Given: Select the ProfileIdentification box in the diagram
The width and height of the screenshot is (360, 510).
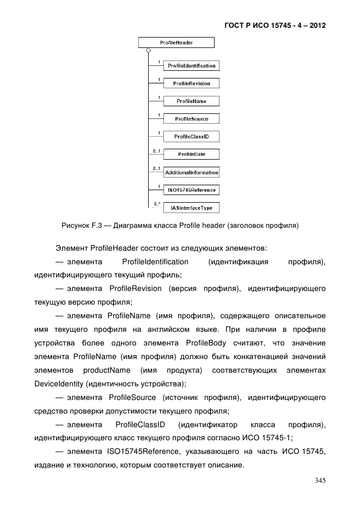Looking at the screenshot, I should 191,66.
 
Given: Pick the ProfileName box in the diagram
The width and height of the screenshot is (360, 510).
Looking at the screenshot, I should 191,101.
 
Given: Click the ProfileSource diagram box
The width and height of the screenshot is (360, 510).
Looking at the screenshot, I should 191,119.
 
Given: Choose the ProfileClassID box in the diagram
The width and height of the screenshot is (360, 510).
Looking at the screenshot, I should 191,136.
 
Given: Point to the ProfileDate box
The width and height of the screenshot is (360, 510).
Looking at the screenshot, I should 191,154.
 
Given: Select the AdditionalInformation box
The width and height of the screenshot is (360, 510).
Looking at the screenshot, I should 191,172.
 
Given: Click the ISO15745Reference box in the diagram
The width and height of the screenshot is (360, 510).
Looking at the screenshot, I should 191,190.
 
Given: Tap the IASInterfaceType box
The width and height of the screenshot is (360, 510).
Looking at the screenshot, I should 191,208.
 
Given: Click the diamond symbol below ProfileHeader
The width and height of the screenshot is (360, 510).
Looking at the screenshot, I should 148,50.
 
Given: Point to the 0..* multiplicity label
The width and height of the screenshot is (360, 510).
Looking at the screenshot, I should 157,204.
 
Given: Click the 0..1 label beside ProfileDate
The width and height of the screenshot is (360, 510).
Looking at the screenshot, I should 157,150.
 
